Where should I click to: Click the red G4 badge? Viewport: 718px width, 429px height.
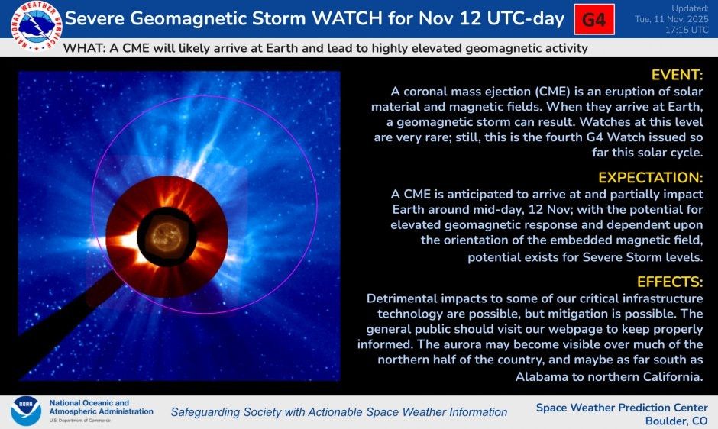pos(593,20)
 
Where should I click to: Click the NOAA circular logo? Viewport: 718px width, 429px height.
pos(25,411)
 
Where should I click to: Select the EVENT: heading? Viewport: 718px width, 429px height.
pos(676,75)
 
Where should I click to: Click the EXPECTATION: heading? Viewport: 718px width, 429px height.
pos(650,178)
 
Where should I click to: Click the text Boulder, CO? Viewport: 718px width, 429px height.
pos(677,421)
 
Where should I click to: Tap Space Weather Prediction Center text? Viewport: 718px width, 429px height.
pos(622,408)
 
